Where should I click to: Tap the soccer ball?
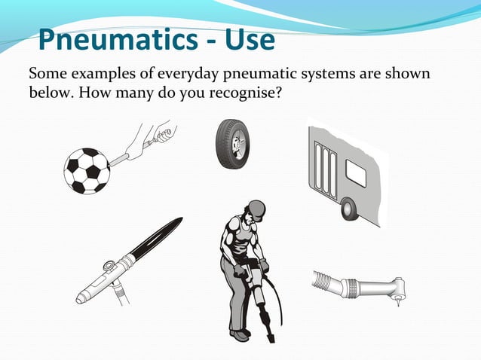click(87, 170)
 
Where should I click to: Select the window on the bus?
click(355, 174)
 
